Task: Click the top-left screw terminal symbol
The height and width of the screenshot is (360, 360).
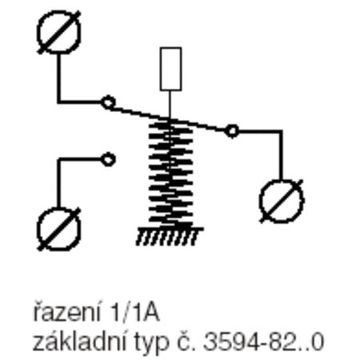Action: coord(58,32)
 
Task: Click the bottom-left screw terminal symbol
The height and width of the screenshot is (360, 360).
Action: coord(58,229)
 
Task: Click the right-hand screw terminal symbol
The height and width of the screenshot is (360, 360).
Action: coord(282,201)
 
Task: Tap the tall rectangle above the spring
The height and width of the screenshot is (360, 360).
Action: coord(171,69)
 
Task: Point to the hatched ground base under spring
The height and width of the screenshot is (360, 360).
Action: coord(170,236)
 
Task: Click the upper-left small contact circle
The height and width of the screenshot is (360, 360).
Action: coord(108,102)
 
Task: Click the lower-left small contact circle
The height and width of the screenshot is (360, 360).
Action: coord(108,159)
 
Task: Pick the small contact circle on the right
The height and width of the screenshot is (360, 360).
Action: coord(232,131)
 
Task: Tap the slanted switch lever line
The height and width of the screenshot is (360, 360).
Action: coord(170,118)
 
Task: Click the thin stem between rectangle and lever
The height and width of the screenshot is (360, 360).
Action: coord(170,104)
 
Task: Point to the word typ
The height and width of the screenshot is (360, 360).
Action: coord(152,342)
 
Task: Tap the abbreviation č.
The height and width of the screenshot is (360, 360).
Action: coord(186,341)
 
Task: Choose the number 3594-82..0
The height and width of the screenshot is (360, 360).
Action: coord(264,342)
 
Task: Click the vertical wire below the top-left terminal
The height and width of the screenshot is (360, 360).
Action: coord(58,78)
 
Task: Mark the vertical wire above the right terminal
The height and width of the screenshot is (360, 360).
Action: coord(281,155)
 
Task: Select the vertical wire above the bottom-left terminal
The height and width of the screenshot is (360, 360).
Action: coord(58,183)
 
